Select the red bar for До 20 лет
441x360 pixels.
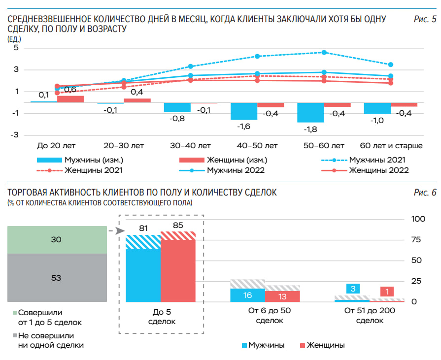tap(70, 99)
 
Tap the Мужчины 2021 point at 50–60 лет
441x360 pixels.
tap(324, 52)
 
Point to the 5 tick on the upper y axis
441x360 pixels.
tap(16, 48)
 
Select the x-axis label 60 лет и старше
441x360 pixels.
tap(391, 146)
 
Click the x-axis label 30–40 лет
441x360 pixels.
tap(191, 146)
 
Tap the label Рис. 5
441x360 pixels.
tap(425, 20)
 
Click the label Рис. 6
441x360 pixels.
tap(425, 193)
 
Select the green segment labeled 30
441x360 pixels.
tap(56, 239)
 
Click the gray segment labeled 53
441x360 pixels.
tap(56, 278)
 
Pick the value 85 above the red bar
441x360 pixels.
tap(178, 226)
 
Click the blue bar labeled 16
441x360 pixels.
tap(247, 295)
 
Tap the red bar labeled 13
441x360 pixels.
tap(282, 296)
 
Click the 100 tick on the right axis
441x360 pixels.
tap(418, 219)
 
